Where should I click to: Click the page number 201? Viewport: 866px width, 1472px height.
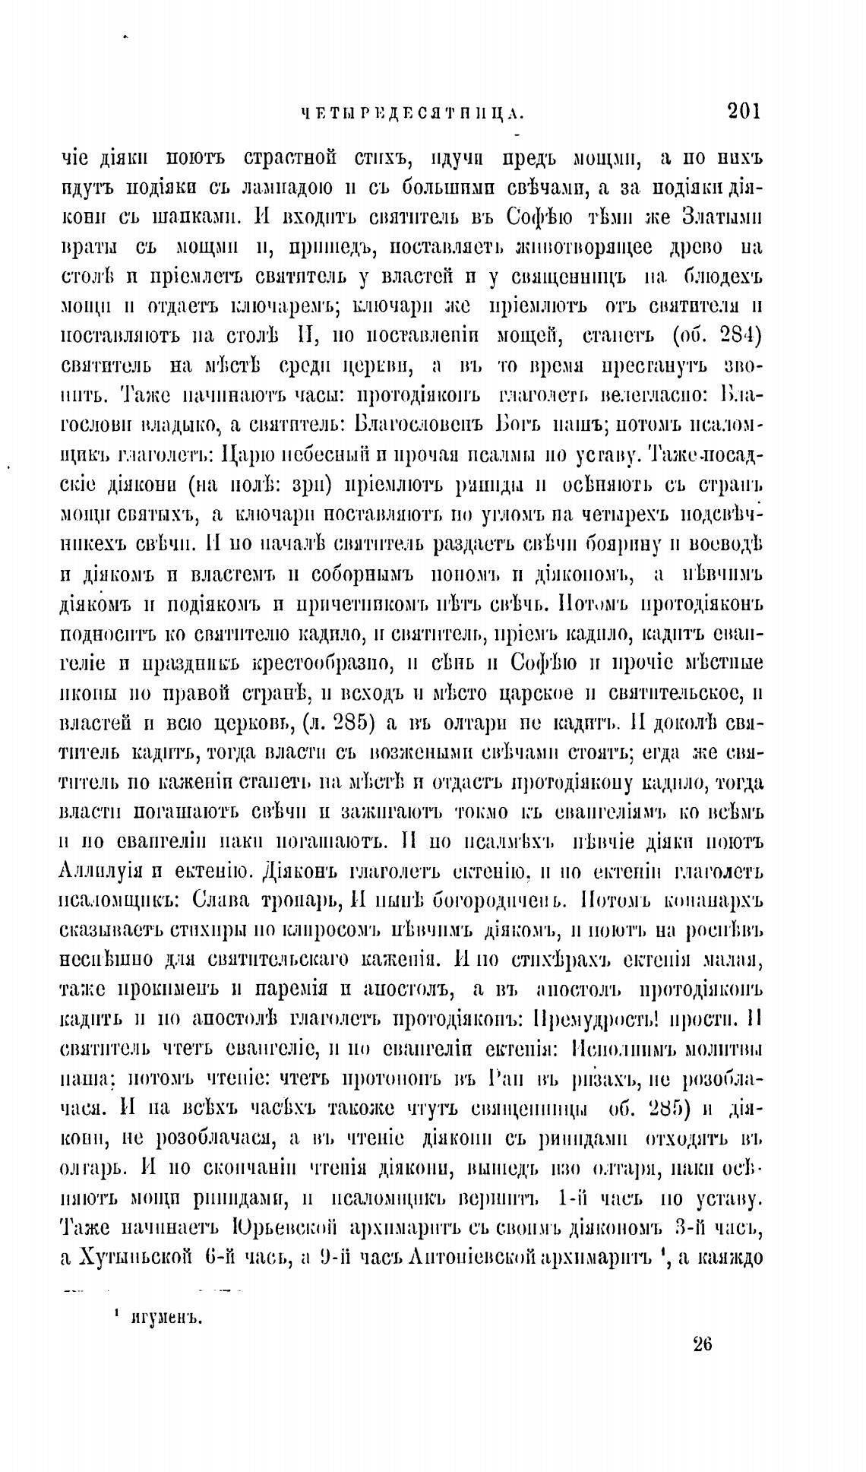[x=743, y=112]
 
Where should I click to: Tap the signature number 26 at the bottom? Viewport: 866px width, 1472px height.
[x=702, y=1344]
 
